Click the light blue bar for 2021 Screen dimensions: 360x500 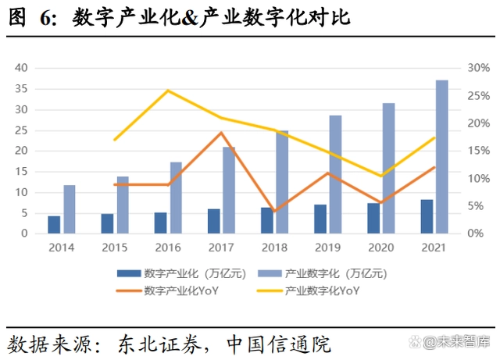click(x=442, y=156)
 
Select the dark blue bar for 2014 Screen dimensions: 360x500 click(x=54, y=224)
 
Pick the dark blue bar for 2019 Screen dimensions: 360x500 click(x=320, y=219)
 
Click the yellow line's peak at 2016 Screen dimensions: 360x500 click(x=168, y=91)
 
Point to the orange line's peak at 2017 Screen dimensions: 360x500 click(x=221, y=133)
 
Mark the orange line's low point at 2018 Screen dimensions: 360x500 click(x=275, y=211)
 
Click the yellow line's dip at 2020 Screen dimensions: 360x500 click(x=381, y=176)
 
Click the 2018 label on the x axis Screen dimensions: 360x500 click(x=274, y=248)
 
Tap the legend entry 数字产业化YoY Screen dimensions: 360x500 click(x=180, y=290)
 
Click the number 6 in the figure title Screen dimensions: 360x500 click(x=45, y=17)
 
